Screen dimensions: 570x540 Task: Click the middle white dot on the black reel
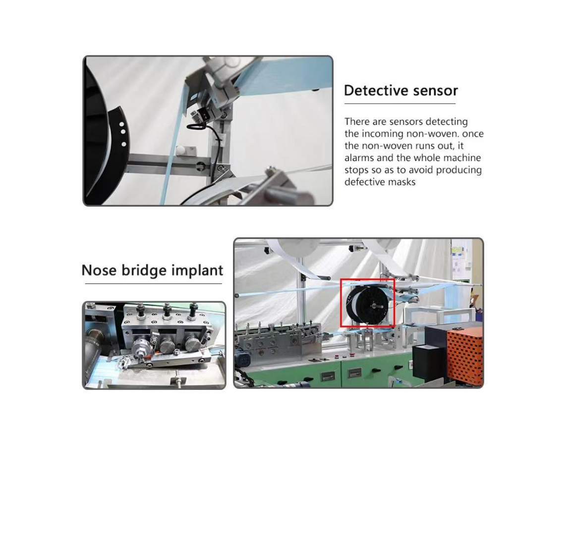pyautogui.click(x=122, y=132)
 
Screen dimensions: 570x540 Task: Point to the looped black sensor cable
pyautogui.click(x=196, y=127)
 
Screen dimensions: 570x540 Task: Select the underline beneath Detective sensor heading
pyautogui.click(x=400, y=104)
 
